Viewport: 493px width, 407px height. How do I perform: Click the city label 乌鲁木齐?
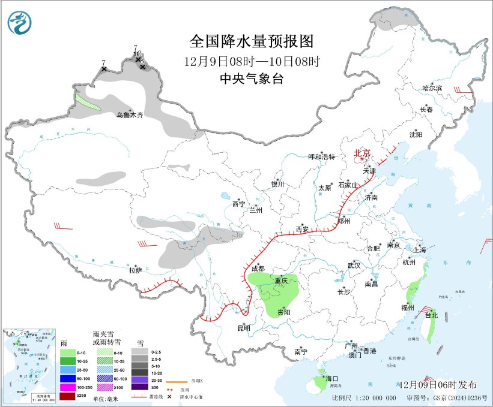130,114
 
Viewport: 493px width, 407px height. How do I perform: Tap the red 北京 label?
363,153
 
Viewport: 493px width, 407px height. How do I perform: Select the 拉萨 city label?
135,270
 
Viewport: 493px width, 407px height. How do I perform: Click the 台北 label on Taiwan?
431,315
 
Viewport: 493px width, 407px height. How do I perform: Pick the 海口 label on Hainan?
331,379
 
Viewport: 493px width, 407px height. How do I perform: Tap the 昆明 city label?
244,327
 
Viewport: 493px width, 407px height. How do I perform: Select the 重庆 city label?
282,281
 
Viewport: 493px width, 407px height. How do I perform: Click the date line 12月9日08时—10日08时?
252,61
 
